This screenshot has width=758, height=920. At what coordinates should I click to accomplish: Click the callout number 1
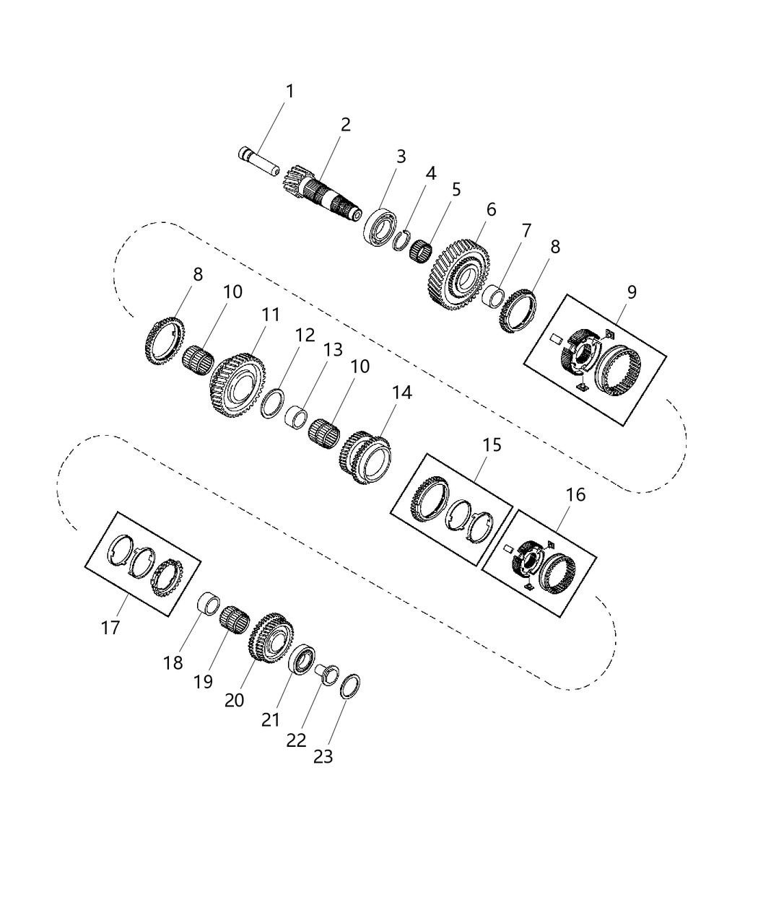click(x=289, y=92)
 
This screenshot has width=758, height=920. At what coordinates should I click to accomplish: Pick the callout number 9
click(x=632, y=292)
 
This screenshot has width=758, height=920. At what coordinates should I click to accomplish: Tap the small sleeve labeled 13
click(x=297, y=417)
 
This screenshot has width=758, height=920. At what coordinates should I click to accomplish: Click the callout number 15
click(x=492, y=444)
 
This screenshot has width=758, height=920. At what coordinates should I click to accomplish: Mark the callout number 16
click(x=575, y=495)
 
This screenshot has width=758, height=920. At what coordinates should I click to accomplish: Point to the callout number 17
click(x=110, y=628)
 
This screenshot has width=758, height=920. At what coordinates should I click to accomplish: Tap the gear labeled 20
click(x=270, y=638)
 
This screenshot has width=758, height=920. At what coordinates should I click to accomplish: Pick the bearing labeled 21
click(x=302, y=660)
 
